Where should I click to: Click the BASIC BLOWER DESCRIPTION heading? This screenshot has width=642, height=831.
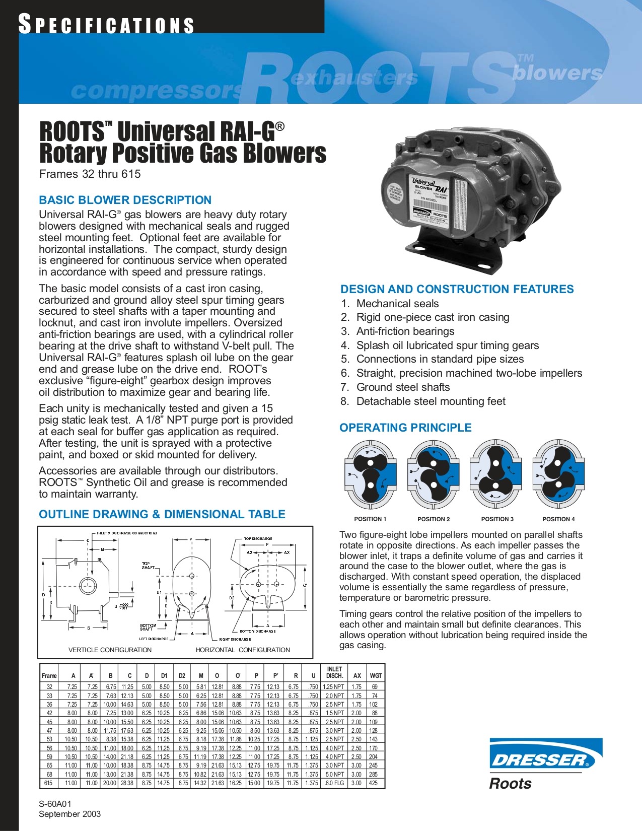[125, 200]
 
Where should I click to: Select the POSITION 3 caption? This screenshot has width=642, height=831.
[497, 519]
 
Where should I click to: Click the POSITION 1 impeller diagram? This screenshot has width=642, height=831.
[370, 474]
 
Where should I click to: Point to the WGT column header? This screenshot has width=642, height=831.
[376, 676]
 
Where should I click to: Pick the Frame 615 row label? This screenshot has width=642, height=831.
[48, 783]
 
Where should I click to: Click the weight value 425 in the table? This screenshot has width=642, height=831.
[374, 783]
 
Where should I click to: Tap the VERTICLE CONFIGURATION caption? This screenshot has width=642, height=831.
[110, 650]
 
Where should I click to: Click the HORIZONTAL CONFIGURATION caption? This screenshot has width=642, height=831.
[243, 650]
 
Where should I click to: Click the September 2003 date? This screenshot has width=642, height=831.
[69, 814]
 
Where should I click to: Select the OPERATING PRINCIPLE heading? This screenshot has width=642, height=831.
[405, 428]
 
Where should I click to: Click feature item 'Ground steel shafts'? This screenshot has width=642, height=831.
[403, 387]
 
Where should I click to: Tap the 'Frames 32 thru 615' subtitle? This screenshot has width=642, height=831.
[90, 174]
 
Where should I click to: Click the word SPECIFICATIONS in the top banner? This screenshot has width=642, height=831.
[106, 25]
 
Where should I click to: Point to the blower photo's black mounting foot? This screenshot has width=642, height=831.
[453, 257]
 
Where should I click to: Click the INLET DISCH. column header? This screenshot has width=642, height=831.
[334, 672]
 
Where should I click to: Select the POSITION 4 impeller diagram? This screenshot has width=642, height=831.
[558, 474]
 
